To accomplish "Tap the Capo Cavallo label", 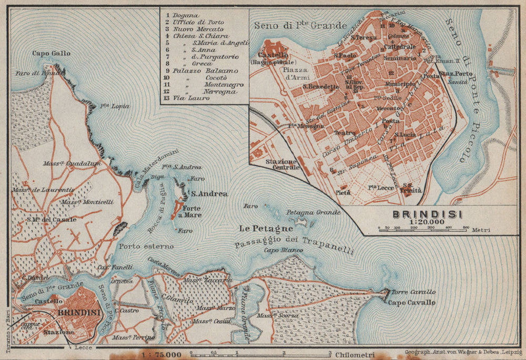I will tap(412, 302).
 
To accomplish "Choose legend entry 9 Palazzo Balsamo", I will tap(202, 70).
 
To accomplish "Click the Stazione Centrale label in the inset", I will tap(282, 164).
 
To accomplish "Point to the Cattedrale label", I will tap(400, 47).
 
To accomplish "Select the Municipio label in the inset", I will tap(400, 84).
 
